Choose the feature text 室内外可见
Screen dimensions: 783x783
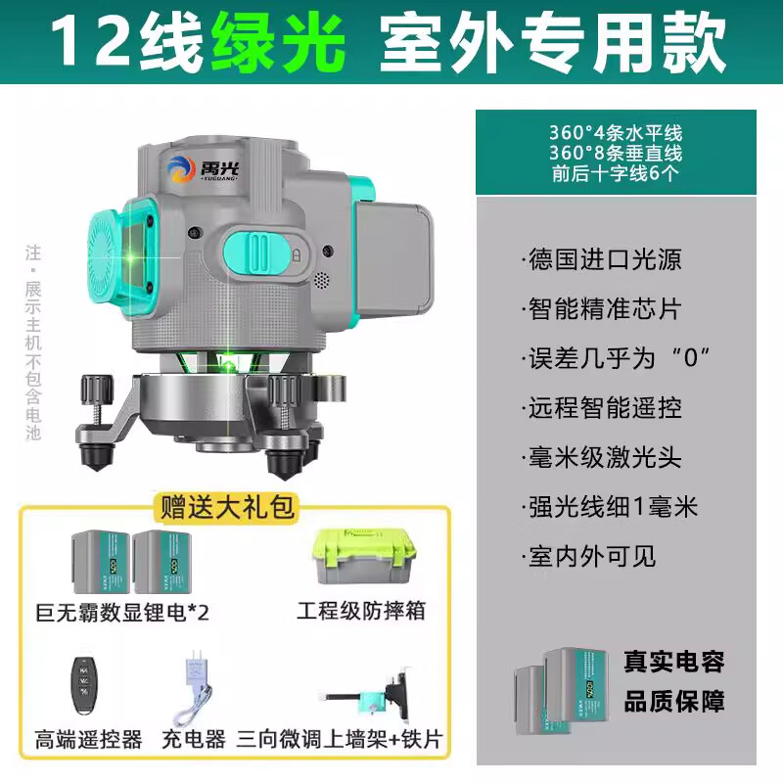coord(591,556)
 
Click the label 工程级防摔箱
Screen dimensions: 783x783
coord(360,610)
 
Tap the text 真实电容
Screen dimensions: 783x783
coord(674,663)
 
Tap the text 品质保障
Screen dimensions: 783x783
coord(674,702)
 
